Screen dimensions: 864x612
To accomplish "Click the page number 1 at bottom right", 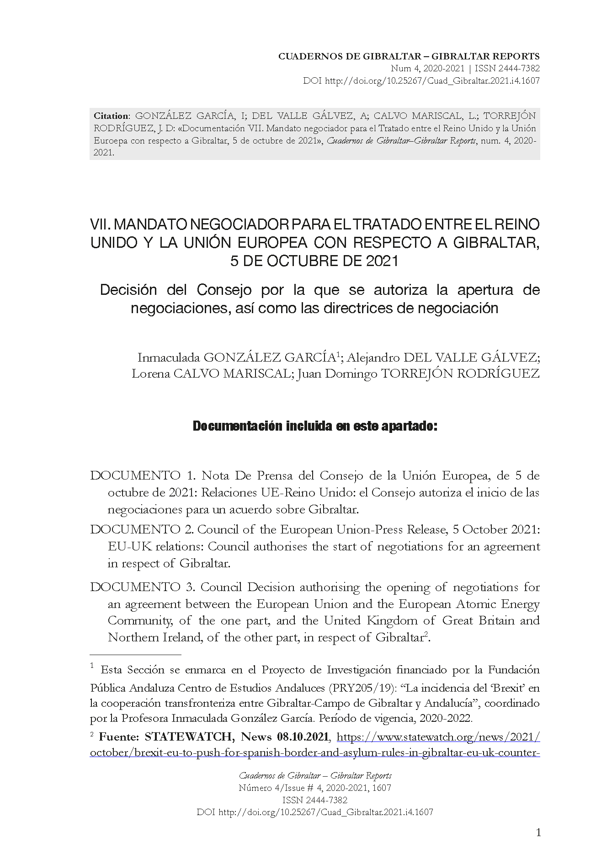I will click(x=538, y=832).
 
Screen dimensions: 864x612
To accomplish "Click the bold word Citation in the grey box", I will click(x=112, y=116).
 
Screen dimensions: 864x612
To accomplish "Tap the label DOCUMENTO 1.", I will click(x=143, y=476).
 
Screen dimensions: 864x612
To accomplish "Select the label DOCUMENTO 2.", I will click(x=143, y=529).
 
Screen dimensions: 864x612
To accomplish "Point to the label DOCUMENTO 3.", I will click(x=143, y=587).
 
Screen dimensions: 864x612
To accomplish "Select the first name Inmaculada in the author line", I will click(x=168, y=357).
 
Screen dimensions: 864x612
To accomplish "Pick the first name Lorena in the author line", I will click(x=149, y=373).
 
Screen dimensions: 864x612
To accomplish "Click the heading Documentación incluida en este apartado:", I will click(x=315, y=426).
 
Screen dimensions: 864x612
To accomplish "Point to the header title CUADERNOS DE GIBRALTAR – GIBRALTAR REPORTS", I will click(x=409, y=57).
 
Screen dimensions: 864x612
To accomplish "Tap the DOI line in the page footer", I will click(x=315, y=812).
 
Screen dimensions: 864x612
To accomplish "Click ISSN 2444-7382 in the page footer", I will click(x=315, y=800).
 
